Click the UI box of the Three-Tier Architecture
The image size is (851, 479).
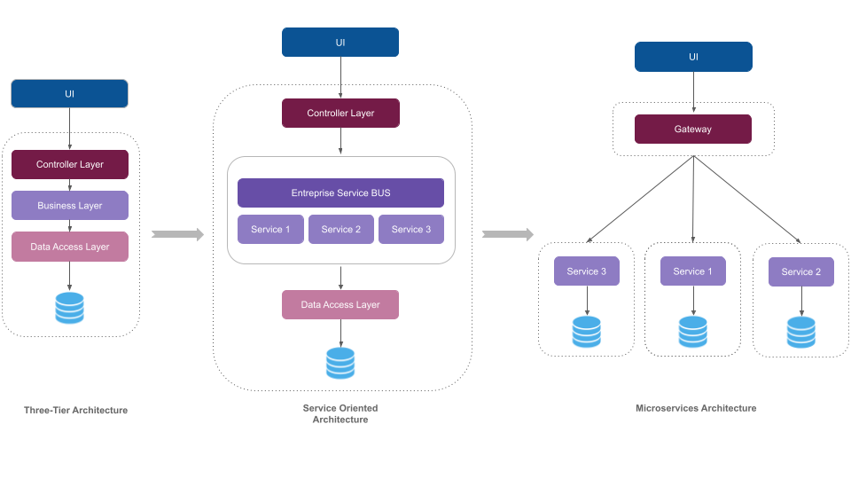[69, 94]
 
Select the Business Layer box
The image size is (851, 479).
[69, 205]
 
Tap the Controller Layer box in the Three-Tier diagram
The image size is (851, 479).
[69, 164]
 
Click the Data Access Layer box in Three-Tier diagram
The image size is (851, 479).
[69, 247]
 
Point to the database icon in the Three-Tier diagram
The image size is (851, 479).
[69, 308]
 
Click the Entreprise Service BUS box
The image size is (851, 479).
[340, 192]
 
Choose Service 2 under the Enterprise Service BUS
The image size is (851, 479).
[340, 229]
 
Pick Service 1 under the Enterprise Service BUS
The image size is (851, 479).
[270, 229]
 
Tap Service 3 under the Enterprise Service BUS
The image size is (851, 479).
[411, 229]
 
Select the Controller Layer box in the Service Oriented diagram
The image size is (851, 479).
[340, 113]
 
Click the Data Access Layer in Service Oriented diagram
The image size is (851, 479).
[340, 304]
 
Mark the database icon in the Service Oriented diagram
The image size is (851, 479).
[340, 364]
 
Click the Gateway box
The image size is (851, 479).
[692, 129]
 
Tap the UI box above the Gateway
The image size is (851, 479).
[693, 57]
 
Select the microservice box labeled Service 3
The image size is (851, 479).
[586, 271]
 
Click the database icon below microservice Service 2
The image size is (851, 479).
[800, 332]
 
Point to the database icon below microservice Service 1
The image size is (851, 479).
[692, 331]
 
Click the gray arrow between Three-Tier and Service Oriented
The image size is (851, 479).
[177, 234]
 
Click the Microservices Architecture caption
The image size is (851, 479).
[696, 408]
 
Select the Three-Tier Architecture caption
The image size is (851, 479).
[75, 410]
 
